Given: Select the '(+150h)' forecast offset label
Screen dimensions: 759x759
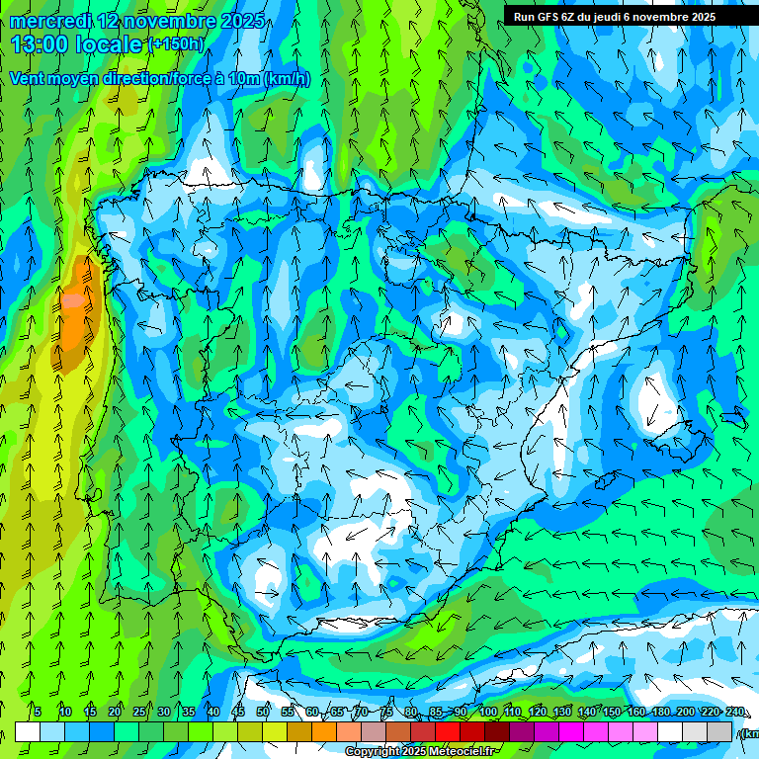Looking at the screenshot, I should coord(176,44).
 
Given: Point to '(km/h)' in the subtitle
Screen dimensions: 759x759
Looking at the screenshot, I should coord(287,79).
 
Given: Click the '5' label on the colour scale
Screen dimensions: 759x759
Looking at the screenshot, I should coord(38,713).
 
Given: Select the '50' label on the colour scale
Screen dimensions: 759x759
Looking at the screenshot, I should coord(263,713).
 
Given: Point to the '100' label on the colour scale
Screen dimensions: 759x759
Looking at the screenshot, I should coord(488,713).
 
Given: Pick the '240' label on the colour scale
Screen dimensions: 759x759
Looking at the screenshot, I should coord(735,713).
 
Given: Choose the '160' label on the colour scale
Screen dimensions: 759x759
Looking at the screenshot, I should coord(636,713).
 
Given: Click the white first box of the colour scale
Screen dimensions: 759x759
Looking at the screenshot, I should coord(28,731).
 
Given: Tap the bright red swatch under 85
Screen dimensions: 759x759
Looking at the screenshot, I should coord(448,731).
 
